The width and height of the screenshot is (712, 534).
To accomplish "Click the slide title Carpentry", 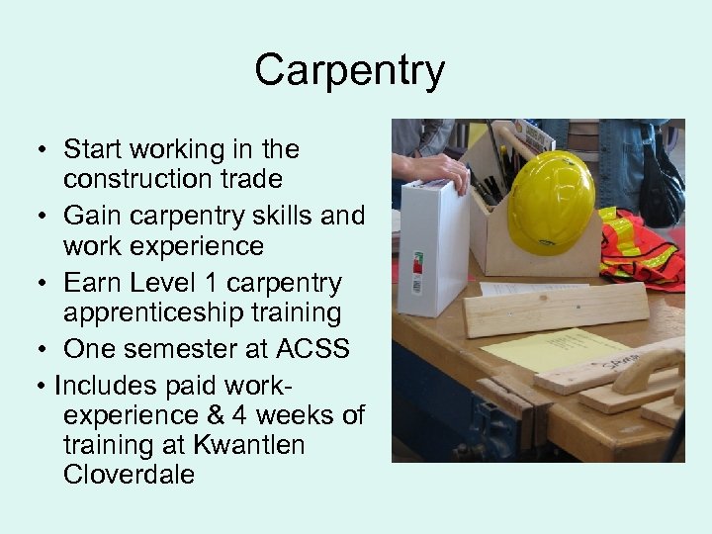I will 350,70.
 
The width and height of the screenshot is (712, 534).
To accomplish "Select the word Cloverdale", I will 129,475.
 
